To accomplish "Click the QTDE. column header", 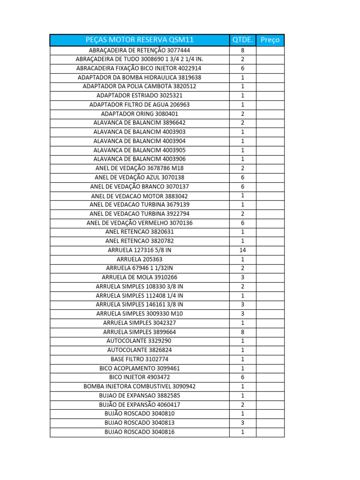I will (242, 40).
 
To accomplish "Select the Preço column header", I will (270, 40).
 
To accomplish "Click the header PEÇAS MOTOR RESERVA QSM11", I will (140, 40).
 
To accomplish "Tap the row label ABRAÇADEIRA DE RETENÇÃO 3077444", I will (140, 50).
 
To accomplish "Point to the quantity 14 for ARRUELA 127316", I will (242, 250).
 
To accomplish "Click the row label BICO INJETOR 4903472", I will (140, 377).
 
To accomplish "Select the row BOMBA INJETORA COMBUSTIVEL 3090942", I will (140, 386).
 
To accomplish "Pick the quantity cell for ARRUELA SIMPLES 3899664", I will (242, 332).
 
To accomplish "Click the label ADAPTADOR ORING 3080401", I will (140, 114).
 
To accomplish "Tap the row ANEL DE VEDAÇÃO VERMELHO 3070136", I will (140, 223).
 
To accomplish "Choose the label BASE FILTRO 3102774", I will (140, 359).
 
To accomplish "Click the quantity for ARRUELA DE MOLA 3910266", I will (242, 277).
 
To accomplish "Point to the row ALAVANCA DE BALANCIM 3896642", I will (140, 123).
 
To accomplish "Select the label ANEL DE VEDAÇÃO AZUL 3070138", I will (140, 178).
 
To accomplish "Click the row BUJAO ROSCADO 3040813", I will (140, 423).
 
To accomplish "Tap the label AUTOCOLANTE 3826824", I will (140, 350).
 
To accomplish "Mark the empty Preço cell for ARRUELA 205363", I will (270, 259).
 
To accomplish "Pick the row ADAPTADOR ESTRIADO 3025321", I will (140, 96).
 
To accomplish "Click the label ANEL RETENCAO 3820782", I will (140, 241).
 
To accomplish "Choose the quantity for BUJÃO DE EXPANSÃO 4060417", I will (242, 405).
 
